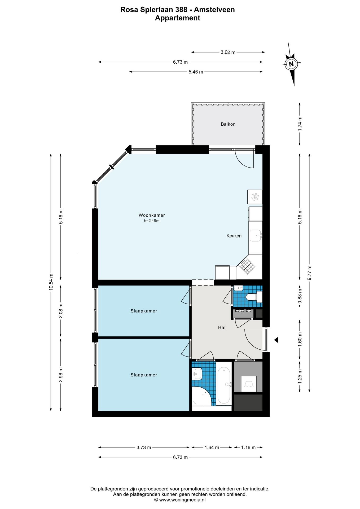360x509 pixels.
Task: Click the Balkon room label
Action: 228,124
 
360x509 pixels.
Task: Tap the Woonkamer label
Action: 152,215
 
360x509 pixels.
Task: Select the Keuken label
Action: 234,236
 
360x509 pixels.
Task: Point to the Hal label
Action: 222,327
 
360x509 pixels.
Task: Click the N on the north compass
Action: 291,64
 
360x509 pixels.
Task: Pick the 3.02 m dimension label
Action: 228,52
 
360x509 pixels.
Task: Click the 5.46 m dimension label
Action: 196,72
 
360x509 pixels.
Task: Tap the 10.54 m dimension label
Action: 51,282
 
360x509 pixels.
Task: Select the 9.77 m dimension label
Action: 309,273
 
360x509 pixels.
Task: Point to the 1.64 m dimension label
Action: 212,447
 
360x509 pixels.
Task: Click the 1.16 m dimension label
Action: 248,447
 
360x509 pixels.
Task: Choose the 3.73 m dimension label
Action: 144,447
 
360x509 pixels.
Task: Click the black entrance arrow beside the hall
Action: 276,340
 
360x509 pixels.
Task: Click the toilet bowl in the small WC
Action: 251,297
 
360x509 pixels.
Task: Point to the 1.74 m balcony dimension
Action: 300,124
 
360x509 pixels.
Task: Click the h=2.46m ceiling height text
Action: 152,221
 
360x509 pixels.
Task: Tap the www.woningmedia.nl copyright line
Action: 180,500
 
